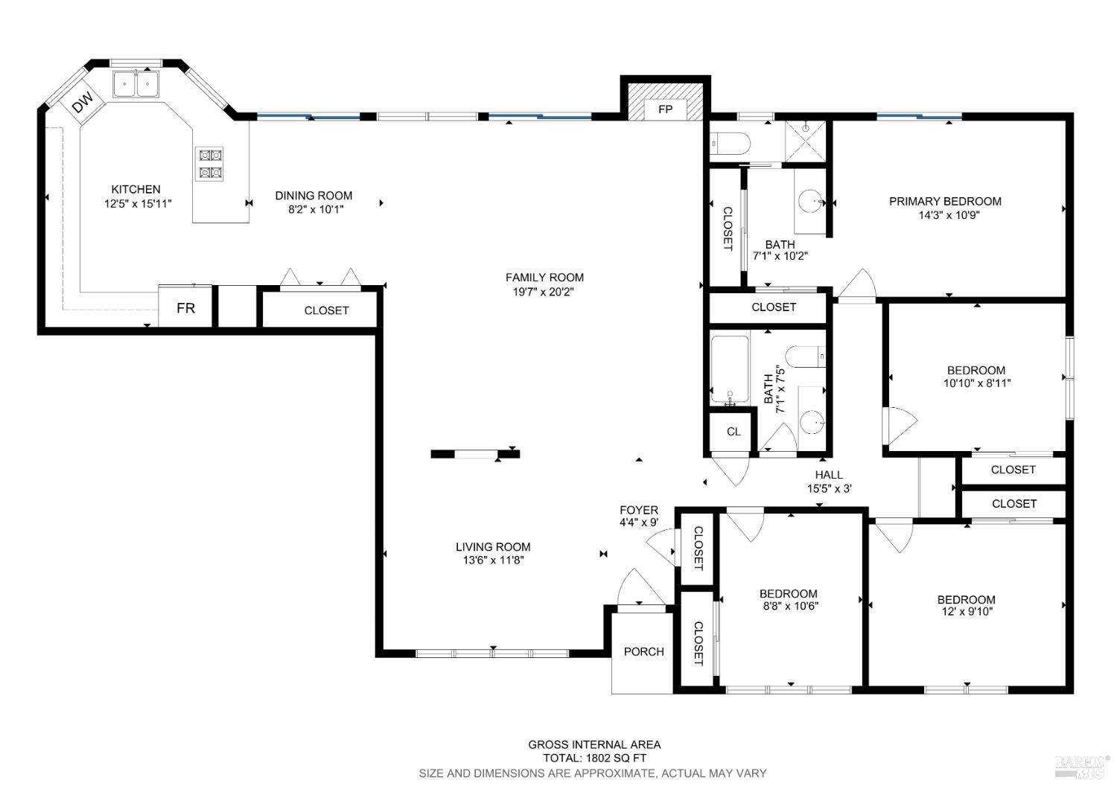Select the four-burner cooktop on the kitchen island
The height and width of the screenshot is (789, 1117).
coord(209,164)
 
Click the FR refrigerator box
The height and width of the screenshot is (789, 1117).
coord(185,307)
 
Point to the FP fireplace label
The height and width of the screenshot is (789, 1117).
coord(665,109)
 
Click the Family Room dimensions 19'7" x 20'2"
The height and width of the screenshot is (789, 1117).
coord(544,292)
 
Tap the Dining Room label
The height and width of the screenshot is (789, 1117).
coord(314,196)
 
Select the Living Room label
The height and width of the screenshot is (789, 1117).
coord(493,547)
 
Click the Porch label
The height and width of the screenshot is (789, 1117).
coord(643,651)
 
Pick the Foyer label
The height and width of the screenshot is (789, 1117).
coord(639,510)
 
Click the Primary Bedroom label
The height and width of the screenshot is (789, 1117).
coord(945,201)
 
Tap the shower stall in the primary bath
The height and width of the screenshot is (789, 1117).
coord(806,141)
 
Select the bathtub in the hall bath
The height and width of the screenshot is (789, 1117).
coord(730,370)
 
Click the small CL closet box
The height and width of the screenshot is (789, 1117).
coord(733,432)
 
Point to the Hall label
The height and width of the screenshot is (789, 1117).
coord(829,475)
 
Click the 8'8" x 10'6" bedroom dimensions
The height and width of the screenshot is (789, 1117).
coord(789,606)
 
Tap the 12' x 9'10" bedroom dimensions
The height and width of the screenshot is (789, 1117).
coord(966,612)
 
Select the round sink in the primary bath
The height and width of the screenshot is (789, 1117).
coord(810,200)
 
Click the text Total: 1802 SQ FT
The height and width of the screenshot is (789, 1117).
coord(594,758)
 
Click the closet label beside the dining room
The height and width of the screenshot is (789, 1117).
coord(326,310)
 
